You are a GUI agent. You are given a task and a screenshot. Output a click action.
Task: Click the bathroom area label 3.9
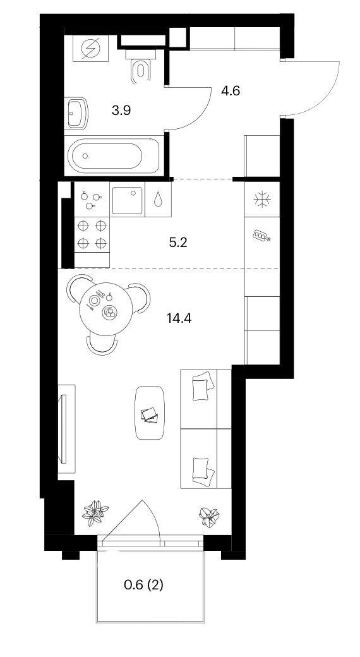121,111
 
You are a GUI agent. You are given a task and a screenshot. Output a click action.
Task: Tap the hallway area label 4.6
231,90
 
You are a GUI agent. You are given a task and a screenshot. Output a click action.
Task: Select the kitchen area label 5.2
177,243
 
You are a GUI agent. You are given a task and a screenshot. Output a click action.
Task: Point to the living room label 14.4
179,318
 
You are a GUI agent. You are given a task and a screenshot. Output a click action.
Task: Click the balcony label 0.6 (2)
144,584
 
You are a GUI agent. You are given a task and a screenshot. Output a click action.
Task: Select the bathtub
113,156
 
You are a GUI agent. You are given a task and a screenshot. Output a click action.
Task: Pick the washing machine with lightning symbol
90,49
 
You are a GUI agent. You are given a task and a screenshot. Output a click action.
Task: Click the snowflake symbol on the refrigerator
262,199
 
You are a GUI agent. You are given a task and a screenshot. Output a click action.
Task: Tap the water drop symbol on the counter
159,199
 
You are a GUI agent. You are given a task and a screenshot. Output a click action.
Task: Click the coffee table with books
150,413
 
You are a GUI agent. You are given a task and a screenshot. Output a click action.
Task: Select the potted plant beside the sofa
209,516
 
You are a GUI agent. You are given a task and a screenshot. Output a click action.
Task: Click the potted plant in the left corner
95,512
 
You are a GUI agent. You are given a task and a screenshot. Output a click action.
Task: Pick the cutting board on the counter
261,236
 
